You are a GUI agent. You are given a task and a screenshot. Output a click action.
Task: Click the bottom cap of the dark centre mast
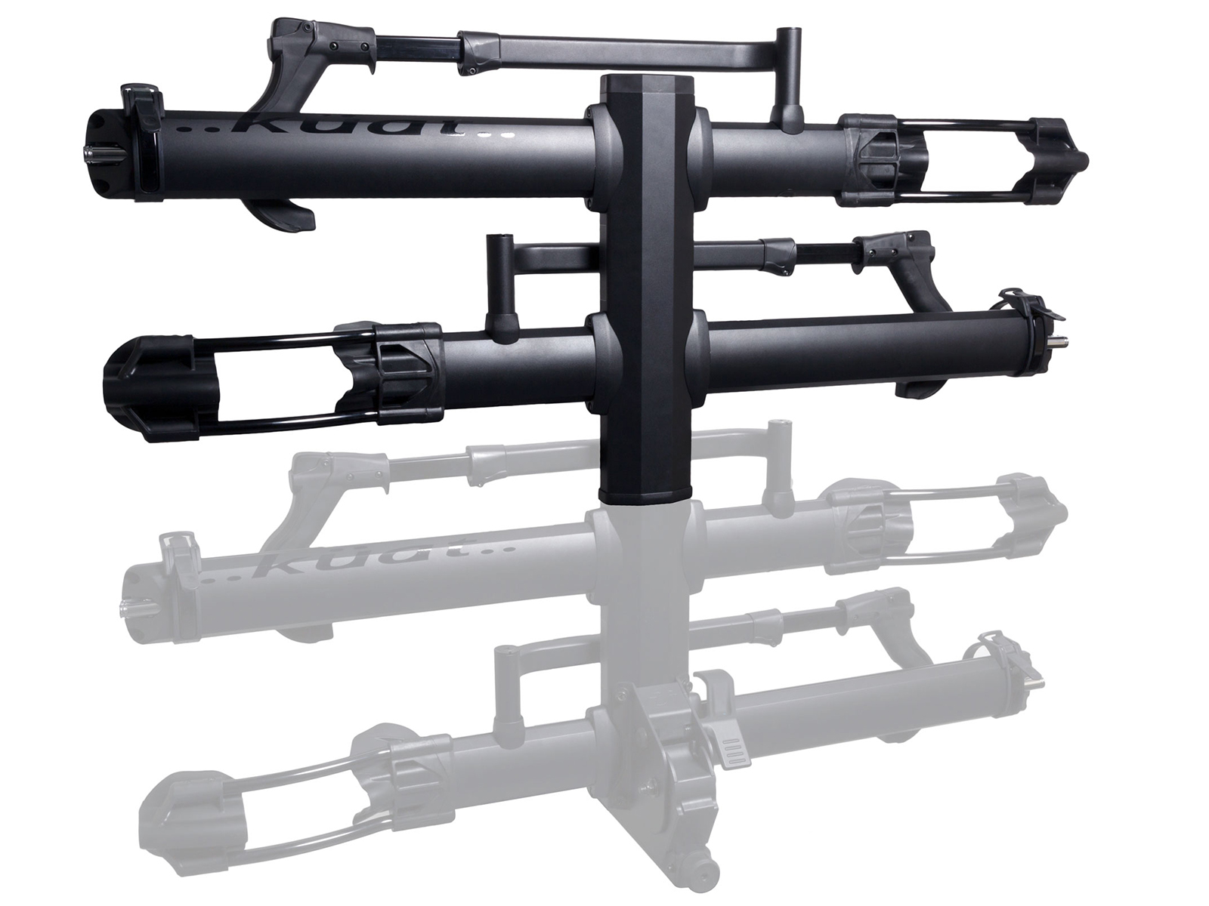(x=645, y=494)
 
